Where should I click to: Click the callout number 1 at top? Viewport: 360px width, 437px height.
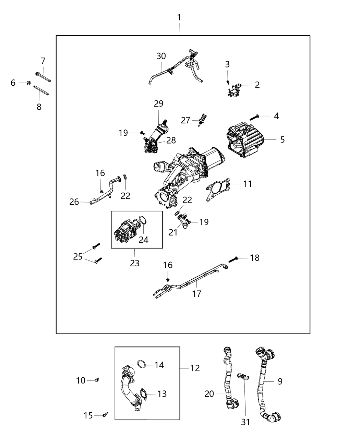[x=179, y=17]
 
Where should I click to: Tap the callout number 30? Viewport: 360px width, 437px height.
[x=161, y=56]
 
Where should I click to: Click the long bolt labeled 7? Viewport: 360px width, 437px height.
[x=43, y=77]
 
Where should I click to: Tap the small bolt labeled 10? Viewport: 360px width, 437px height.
[x=97, y=380]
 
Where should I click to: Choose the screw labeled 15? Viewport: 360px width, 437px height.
[x=105, y=415]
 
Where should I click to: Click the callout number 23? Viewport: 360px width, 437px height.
[x=135, y=263]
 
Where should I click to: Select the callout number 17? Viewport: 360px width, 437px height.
[x=197, y=293]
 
